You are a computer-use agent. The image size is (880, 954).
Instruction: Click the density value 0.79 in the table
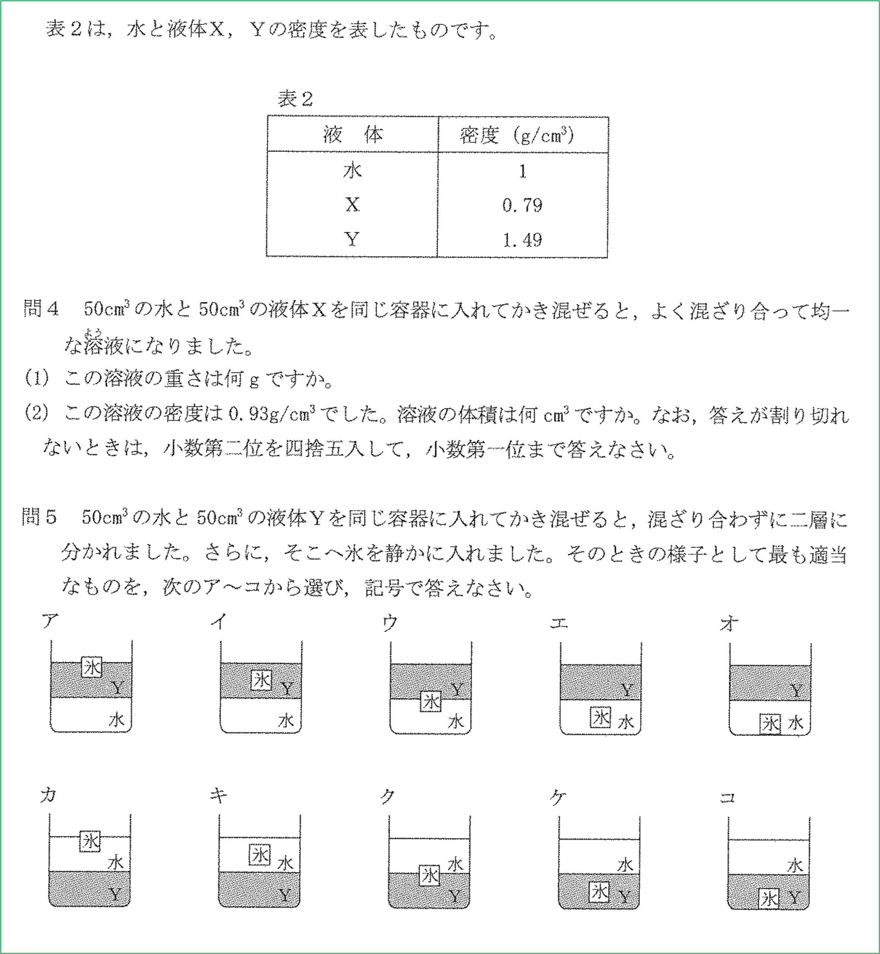[522, 205]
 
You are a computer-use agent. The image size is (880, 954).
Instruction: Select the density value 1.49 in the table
[522, 240]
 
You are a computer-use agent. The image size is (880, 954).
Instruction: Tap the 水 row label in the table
[352, 171]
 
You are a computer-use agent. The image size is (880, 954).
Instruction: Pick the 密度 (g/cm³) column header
[517, 136]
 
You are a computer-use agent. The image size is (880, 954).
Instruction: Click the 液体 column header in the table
[352, 135]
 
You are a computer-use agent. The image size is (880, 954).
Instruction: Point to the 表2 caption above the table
[295, 99]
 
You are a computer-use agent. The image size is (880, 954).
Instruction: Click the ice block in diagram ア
[91, 667]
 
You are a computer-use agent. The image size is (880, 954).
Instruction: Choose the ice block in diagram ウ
[430, 701]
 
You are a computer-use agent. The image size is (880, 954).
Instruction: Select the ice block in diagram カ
[90, 841]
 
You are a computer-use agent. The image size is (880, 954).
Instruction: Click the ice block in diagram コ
[769, 899]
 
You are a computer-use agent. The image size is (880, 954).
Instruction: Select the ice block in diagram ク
[430, 875]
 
